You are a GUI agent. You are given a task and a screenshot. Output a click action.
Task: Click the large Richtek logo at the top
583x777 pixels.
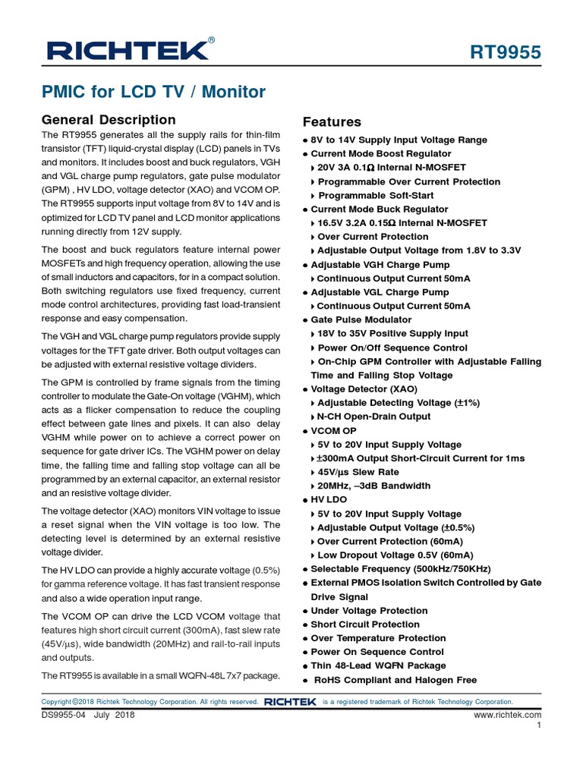coord(126,51)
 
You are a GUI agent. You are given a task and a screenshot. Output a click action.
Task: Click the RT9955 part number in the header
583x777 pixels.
coord(506,52)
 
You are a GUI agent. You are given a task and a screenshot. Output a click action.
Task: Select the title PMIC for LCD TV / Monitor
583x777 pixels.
coord(153,93)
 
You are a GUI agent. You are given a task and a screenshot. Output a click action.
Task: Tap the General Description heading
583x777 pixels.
coord(109,120)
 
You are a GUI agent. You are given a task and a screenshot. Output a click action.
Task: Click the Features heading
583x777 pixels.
coord(332,122)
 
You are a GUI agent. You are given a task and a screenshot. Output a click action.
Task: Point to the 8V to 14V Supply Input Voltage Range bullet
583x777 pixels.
coord(399,140)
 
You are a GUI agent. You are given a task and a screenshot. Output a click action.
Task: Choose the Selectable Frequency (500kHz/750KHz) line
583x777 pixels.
coord(400,569)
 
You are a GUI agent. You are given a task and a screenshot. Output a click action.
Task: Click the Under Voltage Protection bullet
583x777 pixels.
coord(369,611)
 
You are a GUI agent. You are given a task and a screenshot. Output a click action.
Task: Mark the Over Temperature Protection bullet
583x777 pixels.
coord(378,638)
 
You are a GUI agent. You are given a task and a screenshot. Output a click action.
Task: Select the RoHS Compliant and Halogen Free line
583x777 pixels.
coord(395,680)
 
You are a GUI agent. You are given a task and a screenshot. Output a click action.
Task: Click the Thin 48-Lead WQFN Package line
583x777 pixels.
coord(378,665)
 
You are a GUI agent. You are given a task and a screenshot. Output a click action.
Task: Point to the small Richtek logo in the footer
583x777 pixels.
coord(290,703)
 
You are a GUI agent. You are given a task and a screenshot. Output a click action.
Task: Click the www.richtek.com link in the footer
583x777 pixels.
coord(507,715)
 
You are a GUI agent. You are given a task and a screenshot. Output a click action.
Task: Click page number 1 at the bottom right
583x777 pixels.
coord(538,726)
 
